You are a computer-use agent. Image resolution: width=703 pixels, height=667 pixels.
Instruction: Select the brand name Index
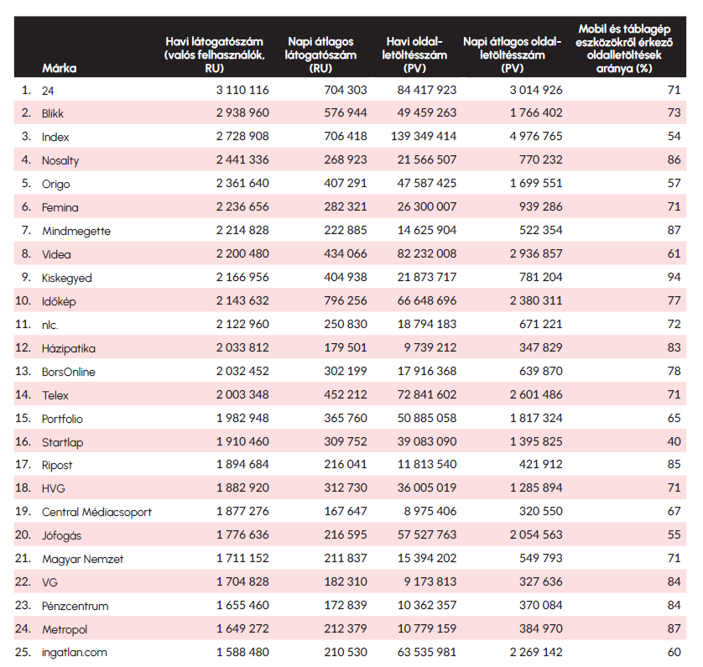pos(55,137)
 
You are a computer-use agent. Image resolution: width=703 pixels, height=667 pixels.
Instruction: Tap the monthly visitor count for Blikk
pos(242,113)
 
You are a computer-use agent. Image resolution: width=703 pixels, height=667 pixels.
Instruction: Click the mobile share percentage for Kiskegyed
pos(672,278)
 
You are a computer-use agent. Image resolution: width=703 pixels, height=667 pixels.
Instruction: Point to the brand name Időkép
pos(60,301)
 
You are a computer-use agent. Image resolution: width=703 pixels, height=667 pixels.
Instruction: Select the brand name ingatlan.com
pos(75,652)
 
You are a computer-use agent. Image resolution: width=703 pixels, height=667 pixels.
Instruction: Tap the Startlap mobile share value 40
pos(672,441)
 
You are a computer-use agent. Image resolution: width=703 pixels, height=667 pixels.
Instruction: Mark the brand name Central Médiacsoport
pos(96,512)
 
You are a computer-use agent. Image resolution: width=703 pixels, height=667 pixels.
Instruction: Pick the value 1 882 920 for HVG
pos(242,488)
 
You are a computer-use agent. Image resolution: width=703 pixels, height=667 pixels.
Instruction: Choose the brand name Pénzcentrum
pos(76,606)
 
